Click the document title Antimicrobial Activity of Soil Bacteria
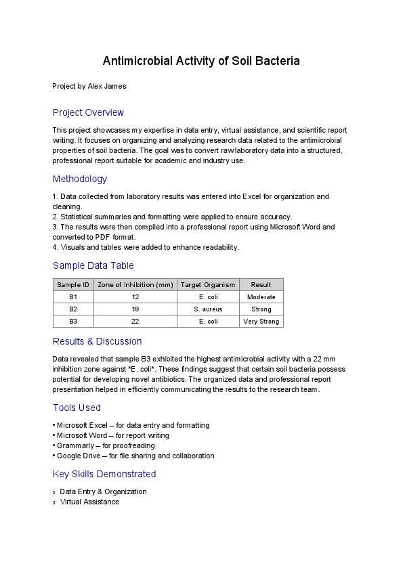pos(201,62)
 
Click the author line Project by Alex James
pos(89,86)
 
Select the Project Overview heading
pos(88,112)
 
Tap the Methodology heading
pos(80,179)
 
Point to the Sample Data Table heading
pos(93,266)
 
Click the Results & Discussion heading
pos(97,341)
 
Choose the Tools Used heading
pos(77,408)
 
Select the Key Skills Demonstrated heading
pos(104,474)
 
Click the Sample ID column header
pos(73,285)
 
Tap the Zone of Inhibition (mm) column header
pos(135,285)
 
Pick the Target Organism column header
pos(208,285)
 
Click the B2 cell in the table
pos(73,309)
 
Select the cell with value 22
pos(135,322)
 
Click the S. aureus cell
pos(208,309)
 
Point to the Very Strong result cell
pos(261,322)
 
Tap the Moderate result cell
pos(261,297)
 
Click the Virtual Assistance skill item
pos(89,502)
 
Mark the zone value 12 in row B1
pos(135,297)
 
